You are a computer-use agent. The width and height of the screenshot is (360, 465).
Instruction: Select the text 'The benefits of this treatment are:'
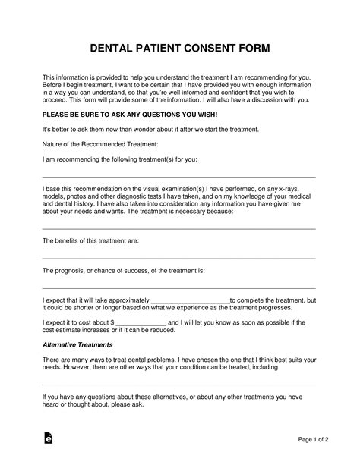click(90, 240)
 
